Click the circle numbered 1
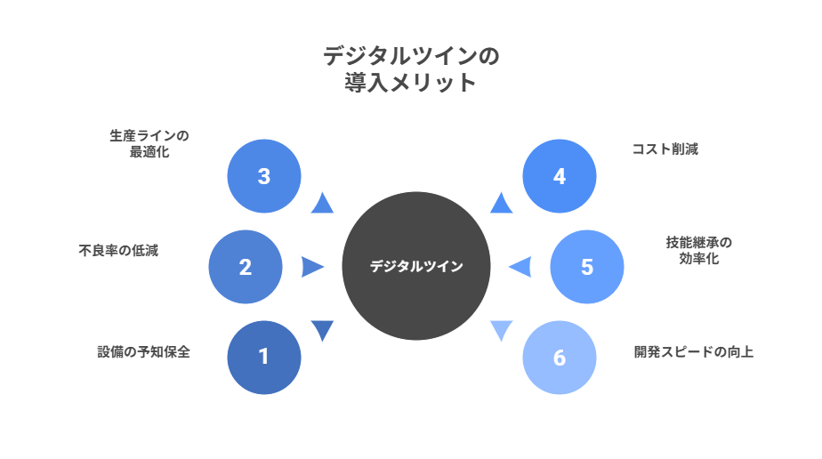263,357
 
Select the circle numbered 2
246,267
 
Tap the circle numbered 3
263,176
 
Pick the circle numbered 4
559,176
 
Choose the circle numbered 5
586,267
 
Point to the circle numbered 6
559,358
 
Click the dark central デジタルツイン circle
416,266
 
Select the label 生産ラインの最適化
149,143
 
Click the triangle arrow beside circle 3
322,204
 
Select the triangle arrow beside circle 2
311,267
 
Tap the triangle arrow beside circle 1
322,330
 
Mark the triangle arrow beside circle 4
502,204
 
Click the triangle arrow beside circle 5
520,267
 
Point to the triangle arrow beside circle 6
502,330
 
